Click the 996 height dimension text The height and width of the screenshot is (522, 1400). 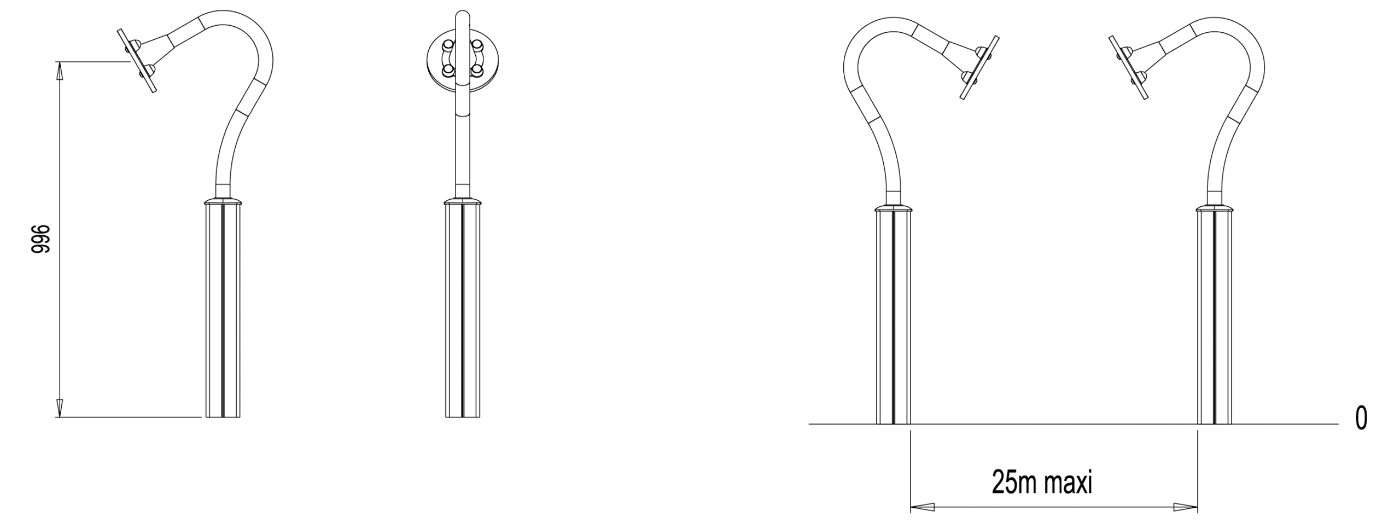[x=41, y=239]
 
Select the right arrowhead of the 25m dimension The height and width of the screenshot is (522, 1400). [x=1185, y=507]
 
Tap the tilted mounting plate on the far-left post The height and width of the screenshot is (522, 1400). [x=137, y=61]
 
